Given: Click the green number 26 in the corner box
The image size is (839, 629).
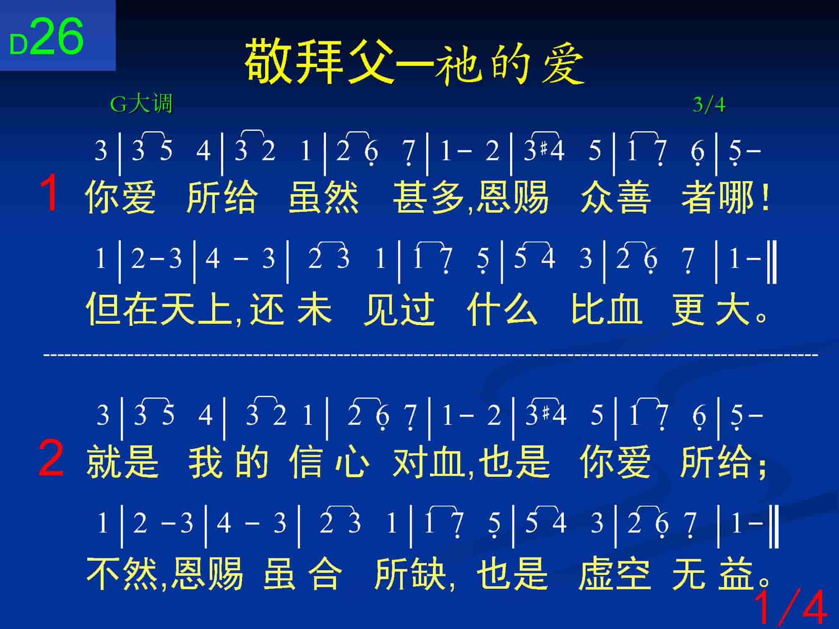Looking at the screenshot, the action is (x=57, y=37).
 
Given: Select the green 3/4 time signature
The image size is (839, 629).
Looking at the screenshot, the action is (x=709, y=104).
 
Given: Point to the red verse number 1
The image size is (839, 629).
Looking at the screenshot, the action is (x=50, y=193).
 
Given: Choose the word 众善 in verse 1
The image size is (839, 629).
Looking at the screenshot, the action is (x=616, y=197).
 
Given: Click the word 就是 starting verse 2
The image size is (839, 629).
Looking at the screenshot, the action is (x=122, y=462).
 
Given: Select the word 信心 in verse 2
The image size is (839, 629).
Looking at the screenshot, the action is (x=329, y=462).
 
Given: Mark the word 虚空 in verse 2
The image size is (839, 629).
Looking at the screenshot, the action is (x=615, y=573).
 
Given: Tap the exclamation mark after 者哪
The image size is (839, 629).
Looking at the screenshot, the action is (x=766, y=197).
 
